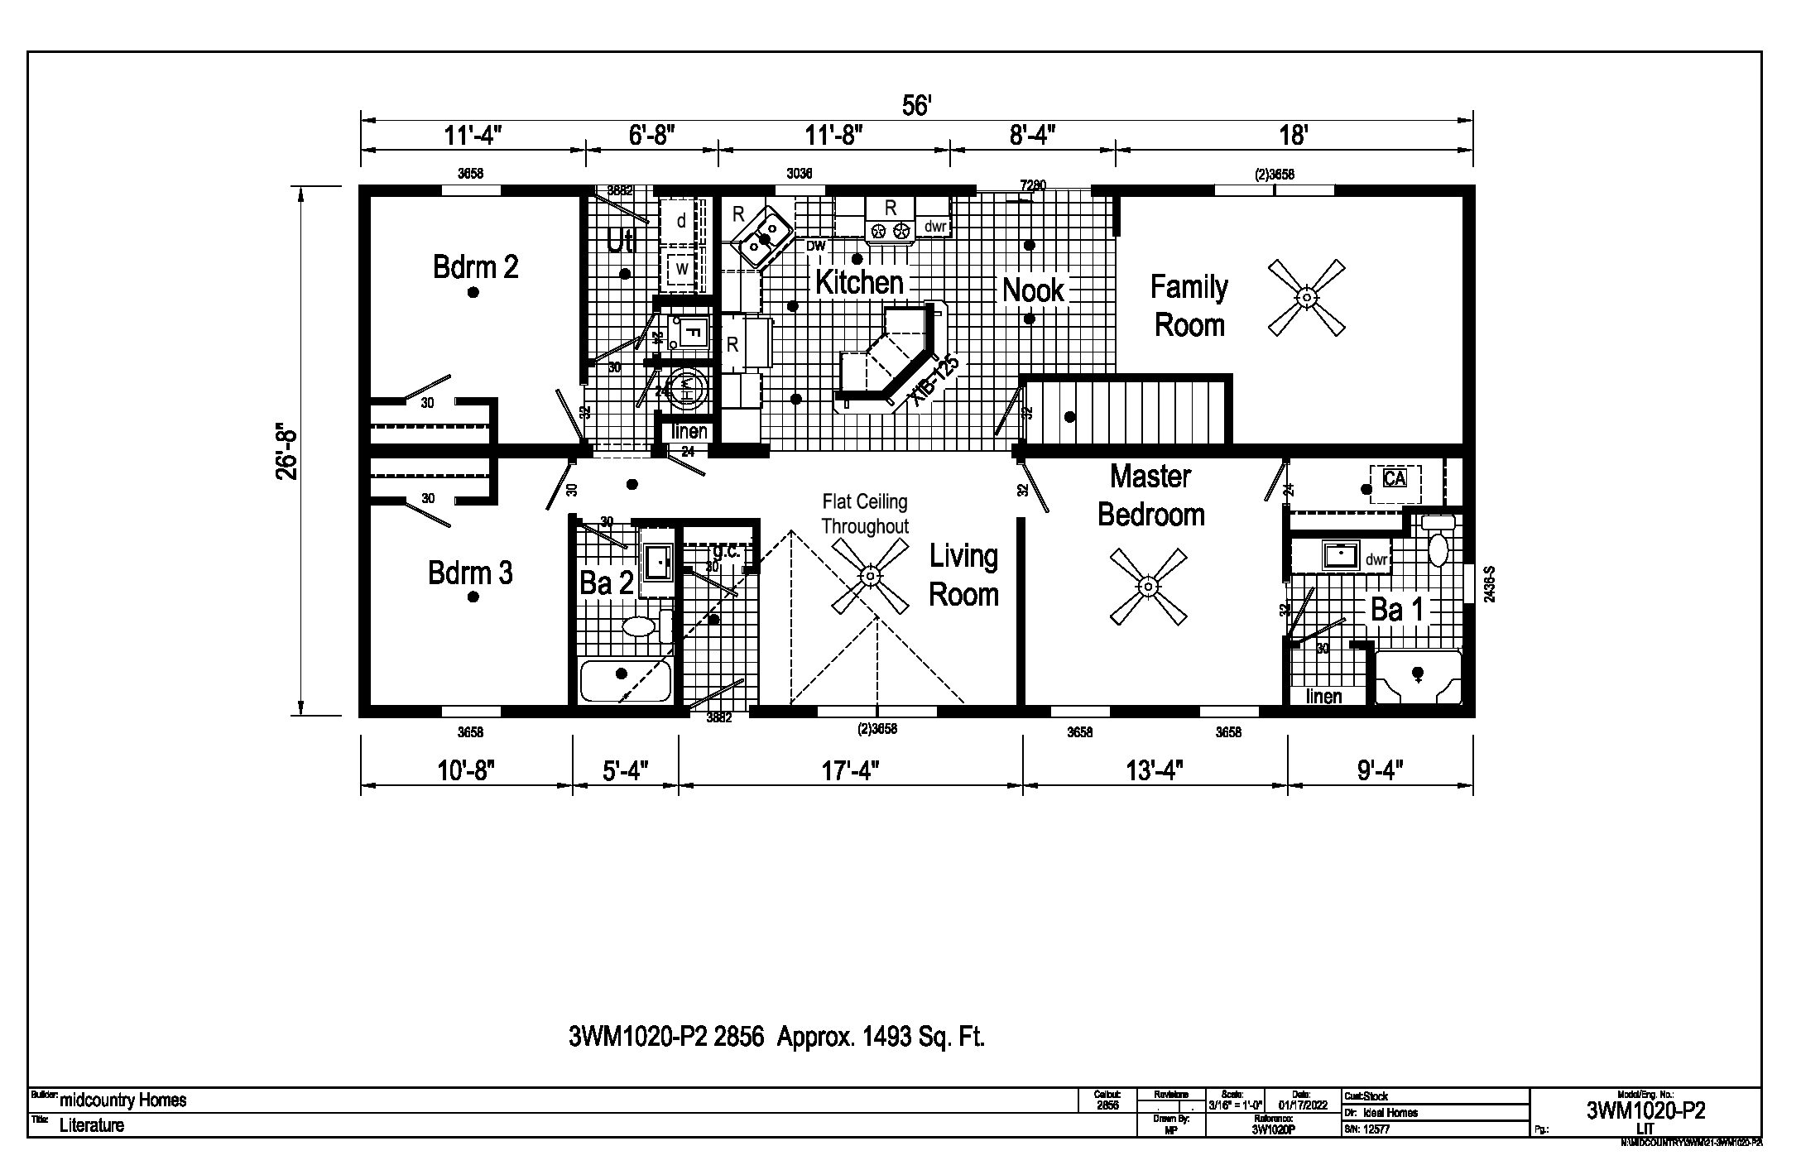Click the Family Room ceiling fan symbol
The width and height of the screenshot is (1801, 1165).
[x=1306, y=297]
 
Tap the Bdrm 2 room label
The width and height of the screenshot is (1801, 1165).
[x=475, y=267]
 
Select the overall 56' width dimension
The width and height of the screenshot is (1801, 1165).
[x=916, y=106]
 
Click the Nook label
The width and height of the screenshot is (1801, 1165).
[x=1033, y=290]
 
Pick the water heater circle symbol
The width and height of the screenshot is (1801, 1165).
[x=687, y=388]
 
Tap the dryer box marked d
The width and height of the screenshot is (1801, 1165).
[x=682, y=221]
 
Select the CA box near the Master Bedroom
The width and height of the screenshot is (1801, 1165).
[x=1394, y=478]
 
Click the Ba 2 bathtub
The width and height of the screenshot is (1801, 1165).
[x=625, y=681]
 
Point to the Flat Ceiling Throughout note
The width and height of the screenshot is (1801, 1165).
[x=864, y=514]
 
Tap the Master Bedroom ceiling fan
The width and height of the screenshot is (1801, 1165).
[x=1148, y=587]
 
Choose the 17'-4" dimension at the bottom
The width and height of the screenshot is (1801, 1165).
[x=850, y=771]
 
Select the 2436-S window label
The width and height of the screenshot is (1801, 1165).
[x=1489, y=583]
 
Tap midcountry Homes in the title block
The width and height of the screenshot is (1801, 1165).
[x=123, y=1100]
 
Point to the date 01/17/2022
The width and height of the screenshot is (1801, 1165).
[x=1302, y=1105]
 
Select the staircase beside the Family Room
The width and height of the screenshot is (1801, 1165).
[x=1126, y=411]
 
